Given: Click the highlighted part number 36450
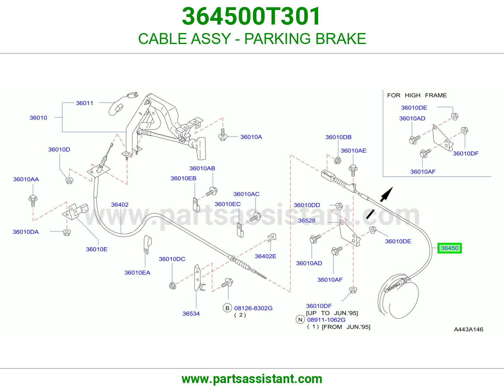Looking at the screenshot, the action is click(450, 248).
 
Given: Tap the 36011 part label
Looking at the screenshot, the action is click(84, 103).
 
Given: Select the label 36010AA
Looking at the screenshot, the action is click(26, 179).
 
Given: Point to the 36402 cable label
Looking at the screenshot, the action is click(120, 204).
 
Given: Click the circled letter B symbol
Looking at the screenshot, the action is click(227, 308).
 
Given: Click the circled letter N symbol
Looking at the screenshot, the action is click(301, 320).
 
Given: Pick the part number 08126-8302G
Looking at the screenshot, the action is click(253, 308).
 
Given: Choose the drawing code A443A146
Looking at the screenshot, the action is click(468, 329).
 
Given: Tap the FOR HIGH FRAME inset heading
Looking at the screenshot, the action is click(417, 95).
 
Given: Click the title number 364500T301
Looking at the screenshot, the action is click(251, 16).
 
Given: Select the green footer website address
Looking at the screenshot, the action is click(252, 379).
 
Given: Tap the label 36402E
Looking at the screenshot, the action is click(266, 256).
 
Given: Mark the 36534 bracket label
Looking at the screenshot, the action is click(191, 314).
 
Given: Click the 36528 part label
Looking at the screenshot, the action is click(306, 220).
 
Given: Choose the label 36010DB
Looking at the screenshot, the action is click(338, 137).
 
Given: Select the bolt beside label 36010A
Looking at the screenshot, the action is click(223, 135).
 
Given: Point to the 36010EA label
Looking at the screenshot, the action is click(137, 273).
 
